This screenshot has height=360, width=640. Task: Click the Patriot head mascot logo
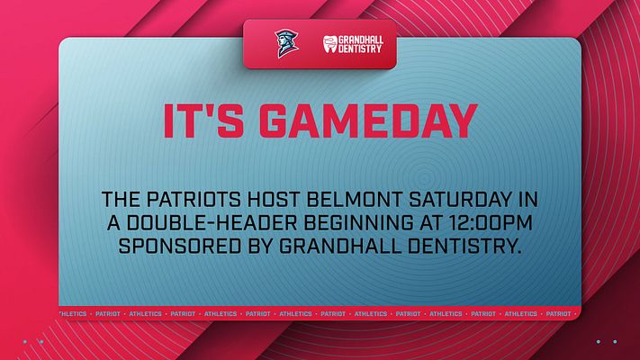[286, 43]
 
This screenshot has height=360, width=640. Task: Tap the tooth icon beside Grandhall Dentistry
[330, 44]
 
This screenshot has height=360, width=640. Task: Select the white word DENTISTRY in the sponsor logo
[360, 49]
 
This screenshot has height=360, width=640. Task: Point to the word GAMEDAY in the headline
[368, 121]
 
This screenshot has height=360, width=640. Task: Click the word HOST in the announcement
[274, 200]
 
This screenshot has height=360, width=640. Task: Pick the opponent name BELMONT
[355, 200]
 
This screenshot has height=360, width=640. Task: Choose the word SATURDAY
[460, 200]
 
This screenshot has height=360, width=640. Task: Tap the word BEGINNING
[358, 223]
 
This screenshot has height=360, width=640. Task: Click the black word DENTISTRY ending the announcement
[465, 247]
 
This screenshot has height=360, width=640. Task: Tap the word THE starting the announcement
[121, 200]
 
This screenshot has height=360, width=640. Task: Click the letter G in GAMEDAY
[273, 121]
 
